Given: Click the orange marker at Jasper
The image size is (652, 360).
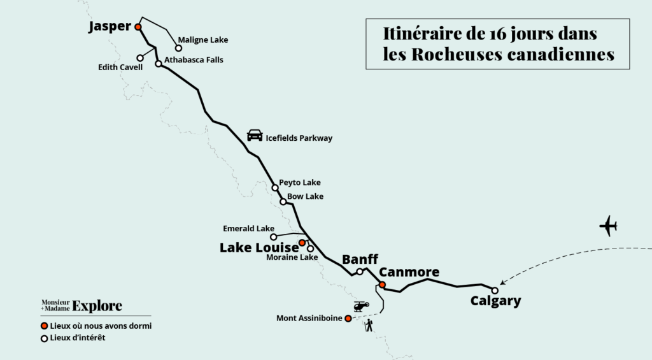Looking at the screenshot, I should tap(138, 27).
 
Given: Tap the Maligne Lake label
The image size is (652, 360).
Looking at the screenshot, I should tap(202, 40).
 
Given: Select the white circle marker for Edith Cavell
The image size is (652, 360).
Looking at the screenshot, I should tap(140, 58).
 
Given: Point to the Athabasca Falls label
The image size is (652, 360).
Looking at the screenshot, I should tap(194, 60).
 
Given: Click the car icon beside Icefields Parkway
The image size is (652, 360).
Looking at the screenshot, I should tap(255, 135).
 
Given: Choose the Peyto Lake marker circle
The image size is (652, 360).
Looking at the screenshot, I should tap(275, 187).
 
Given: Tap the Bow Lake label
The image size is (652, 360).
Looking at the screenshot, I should tap(305, 196).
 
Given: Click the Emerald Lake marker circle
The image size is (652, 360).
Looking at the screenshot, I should tap(274, 236).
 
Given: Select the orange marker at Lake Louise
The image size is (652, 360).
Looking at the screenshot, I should tap(302, 243).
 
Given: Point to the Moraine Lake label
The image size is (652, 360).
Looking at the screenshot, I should tap(292, 257).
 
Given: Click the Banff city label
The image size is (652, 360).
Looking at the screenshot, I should tap(360, 259).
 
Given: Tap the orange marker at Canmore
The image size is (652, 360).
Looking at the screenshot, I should tap(382, 284).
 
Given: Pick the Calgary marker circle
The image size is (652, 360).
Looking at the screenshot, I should tap(495, 291).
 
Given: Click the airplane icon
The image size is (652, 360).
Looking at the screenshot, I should tap(609, 226).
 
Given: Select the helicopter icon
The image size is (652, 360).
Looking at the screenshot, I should tap(360, 307).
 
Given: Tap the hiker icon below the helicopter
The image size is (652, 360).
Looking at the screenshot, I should tap(369, 326).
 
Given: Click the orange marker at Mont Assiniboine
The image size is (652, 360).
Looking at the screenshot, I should tap(348, 319).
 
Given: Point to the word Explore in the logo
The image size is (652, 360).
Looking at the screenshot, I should tap(97, 306).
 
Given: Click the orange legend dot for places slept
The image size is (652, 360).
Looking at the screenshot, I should tap(44, 326).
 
